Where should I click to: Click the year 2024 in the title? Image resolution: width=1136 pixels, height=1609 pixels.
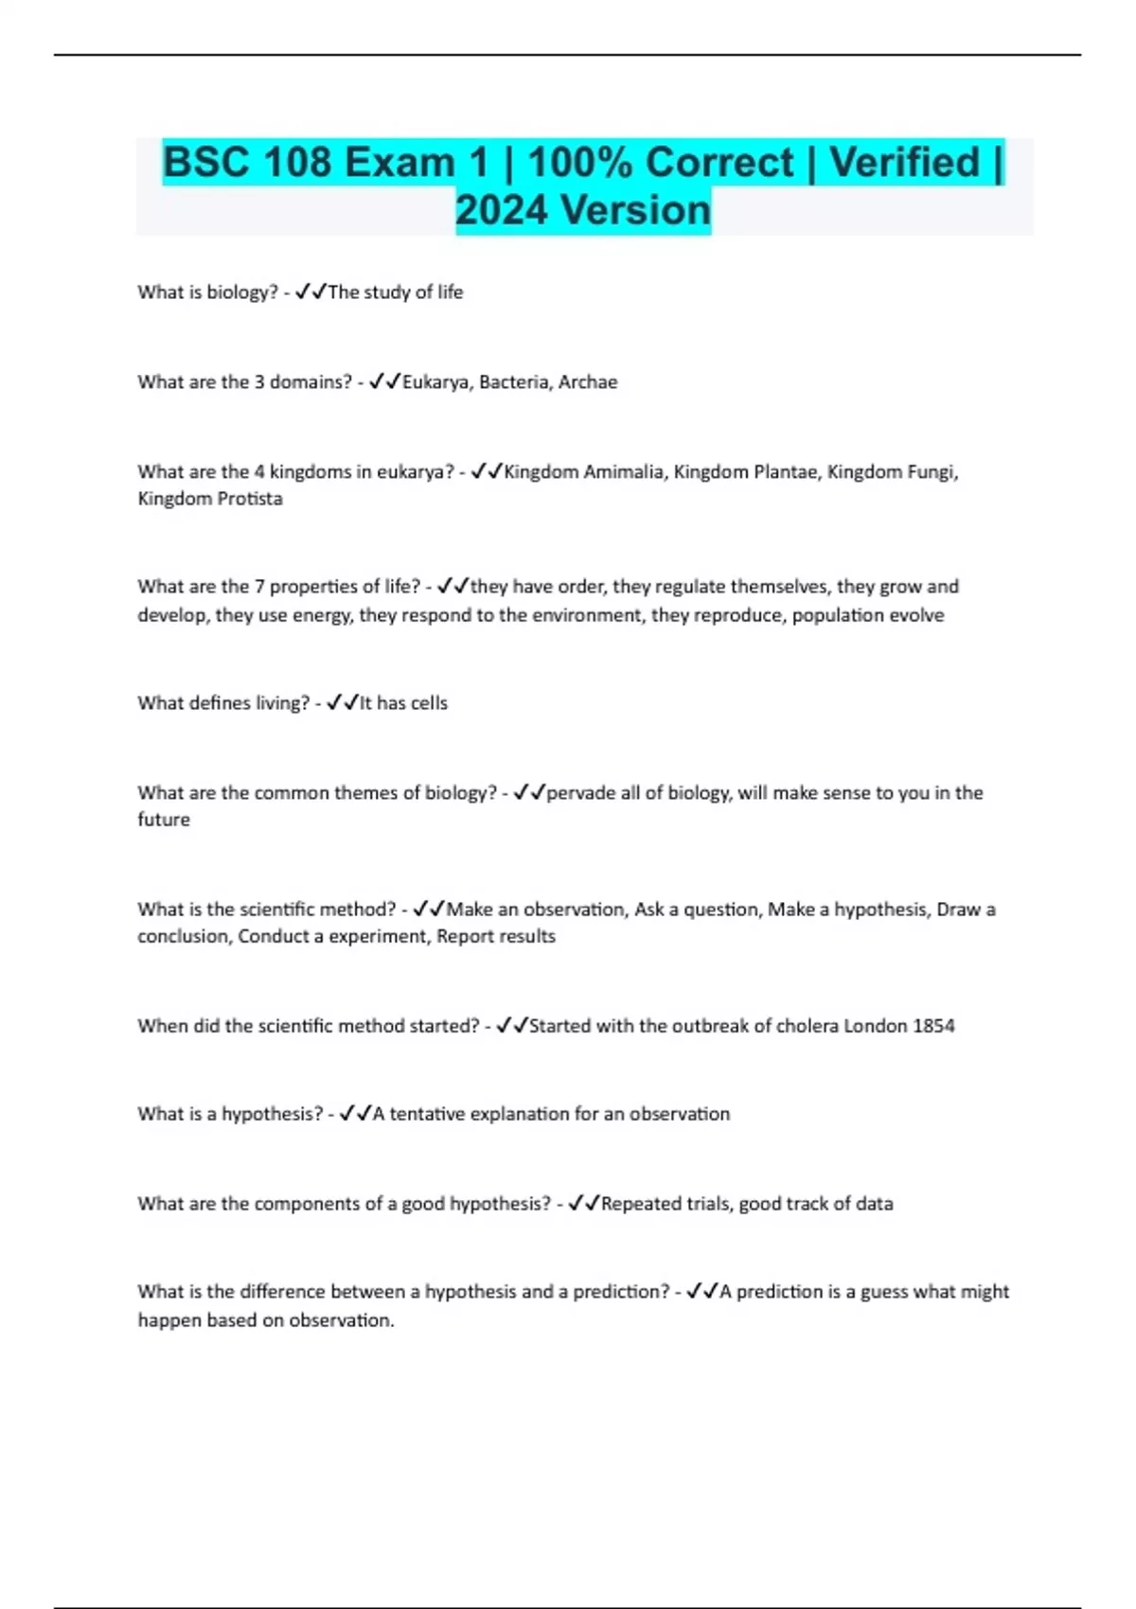(x=502, y=210)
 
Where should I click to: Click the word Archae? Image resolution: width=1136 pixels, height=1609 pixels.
(x=587, y=382)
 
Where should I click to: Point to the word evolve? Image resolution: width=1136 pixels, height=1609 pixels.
(x=917, y=615)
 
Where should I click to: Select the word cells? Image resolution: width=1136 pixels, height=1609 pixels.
(x=429, y=703)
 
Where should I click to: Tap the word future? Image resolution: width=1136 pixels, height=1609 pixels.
(x=164, y=820)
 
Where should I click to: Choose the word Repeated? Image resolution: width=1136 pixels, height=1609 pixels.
(x=641, y=1204)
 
